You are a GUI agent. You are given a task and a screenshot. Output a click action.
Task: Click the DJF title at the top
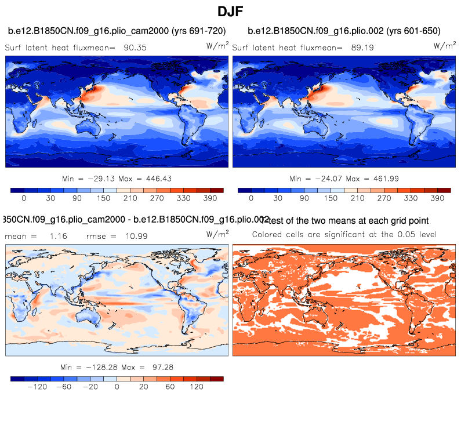coord(230,11)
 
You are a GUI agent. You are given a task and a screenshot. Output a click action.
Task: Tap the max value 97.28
coord(154,367)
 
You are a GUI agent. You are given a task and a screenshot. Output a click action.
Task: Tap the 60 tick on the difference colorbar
coord(170,387)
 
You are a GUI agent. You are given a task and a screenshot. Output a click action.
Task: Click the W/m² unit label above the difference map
coord(217,234)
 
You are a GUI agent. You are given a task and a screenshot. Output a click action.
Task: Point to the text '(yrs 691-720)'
coord(197,31)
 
